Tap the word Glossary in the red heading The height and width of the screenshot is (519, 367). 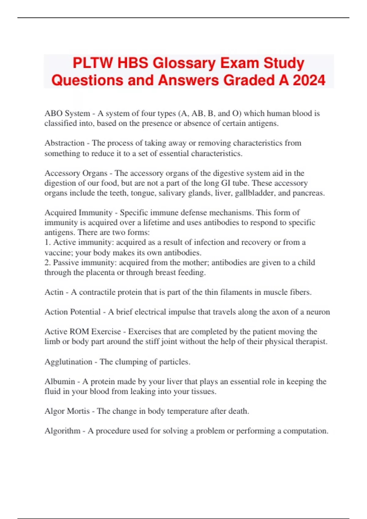click(x=184, y=63)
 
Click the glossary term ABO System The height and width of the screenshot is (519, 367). click(x=67, y=114)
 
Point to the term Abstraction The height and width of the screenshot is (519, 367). click(x=65, y=143)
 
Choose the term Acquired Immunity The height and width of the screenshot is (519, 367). click(x=79, y=212)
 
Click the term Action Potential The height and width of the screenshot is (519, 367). click(x=72, y=312)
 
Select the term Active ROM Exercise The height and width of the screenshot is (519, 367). click(x=83, y=332)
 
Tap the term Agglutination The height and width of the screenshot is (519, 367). click(x=68, y=362)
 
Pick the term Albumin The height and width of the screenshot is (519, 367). click(x=60, y=382)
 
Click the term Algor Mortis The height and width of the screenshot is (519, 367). click(x=67, y=411)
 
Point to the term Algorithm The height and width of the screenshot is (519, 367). click(x=62, y=431)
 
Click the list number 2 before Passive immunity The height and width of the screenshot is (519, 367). click(x=46, y=263)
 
